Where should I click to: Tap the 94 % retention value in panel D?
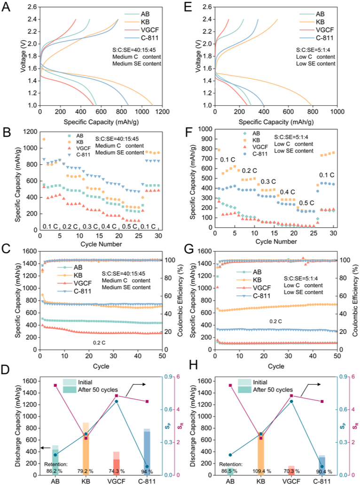click(147, 471)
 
